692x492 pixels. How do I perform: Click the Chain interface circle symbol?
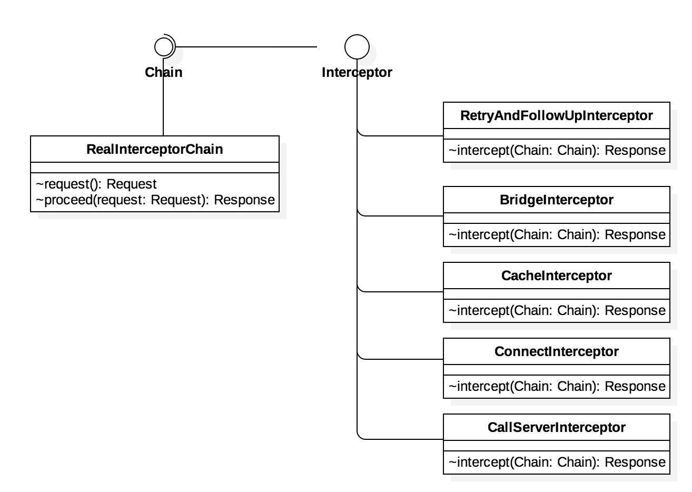(x=164, y=47)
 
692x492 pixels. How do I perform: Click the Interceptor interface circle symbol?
(x=357, y=47)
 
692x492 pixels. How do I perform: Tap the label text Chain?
(x=164, y=72)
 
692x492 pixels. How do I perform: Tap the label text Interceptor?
(x=357, y=72)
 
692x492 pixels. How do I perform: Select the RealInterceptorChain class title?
(x=155, y=149)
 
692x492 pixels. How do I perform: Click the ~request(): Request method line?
(x=96, y=184)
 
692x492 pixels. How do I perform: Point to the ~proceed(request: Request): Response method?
(x=155, y=200)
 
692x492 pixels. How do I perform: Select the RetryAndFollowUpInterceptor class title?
(x=557, y=115)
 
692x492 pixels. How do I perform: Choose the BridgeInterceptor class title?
(x=557, y=200)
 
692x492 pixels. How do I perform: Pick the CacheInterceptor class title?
(x=557, y=275)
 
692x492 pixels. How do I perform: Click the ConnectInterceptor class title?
(x=557, y=351)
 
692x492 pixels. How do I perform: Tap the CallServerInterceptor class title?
(x=557, y=427)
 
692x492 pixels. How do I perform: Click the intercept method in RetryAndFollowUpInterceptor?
(x=557, y=151)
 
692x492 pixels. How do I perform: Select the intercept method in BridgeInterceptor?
(x=557, y=234)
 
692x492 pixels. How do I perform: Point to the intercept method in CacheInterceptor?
(x=557, y=310)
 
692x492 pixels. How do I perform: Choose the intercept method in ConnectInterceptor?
(x=557, y=386)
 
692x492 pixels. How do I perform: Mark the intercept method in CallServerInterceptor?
(x=557, y=462)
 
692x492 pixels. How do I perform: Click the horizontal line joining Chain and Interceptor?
(x=248, y=47)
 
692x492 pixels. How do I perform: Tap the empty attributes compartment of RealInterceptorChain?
(x=155, y=168)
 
